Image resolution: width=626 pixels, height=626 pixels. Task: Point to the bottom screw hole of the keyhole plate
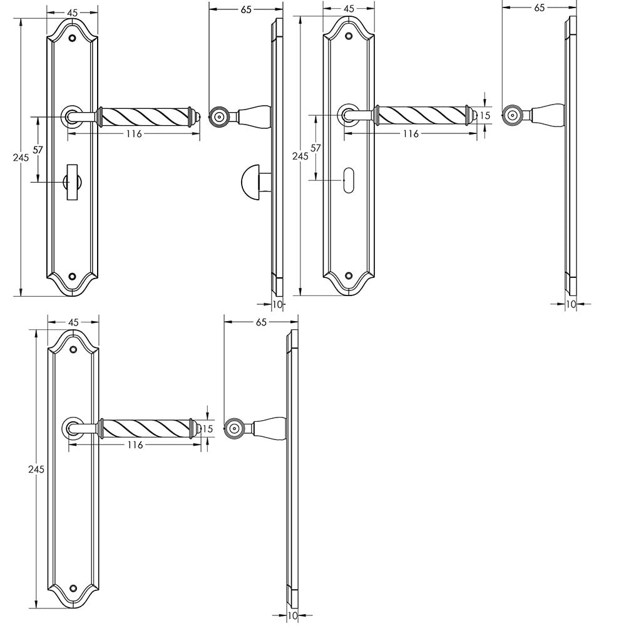(349, 275)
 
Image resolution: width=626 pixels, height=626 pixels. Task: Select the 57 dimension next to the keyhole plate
(316, 148)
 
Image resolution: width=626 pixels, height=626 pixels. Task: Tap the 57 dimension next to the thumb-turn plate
(38, 150)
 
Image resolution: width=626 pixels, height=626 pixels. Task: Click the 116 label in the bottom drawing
(135, 444)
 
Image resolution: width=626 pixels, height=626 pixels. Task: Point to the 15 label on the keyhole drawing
(485, 115)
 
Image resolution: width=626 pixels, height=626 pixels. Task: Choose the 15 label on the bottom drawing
(208, 428)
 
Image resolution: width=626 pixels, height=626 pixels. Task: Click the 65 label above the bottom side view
(261, 322)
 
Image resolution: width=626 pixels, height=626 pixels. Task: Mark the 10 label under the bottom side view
(293, 616)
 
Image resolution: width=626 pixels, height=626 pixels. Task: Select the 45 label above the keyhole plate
(349, 9)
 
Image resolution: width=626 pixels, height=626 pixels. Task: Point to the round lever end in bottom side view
(235, 428)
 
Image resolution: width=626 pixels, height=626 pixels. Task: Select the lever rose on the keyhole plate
(349, 116)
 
